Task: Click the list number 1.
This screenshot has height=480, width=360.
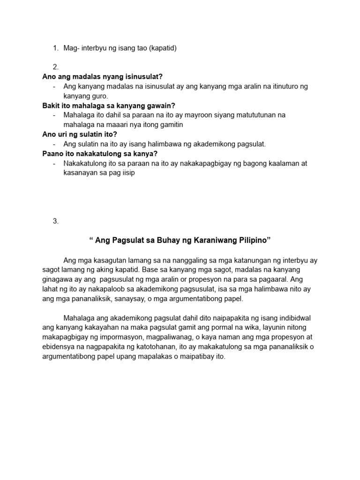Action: point(55,48)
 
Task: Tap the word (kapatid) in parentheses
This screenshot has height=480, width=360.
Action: point(163,48)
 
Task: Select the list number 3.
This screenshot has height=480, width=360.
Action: point(55,221)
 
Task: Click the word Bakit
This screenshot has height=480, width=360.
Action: point(51,105)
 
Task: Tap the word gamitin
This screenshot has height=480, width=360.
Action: point(169,125)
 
